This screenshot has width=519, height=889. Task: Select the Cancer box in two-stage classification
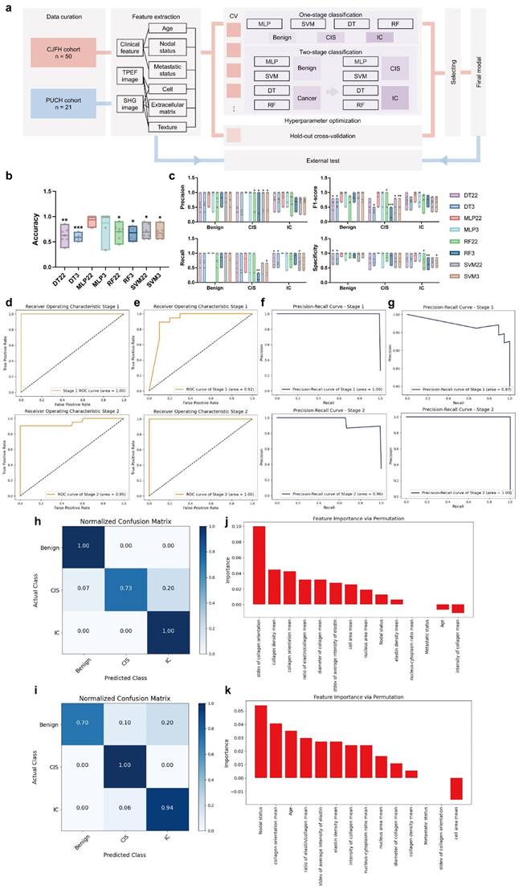point(313,96)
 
